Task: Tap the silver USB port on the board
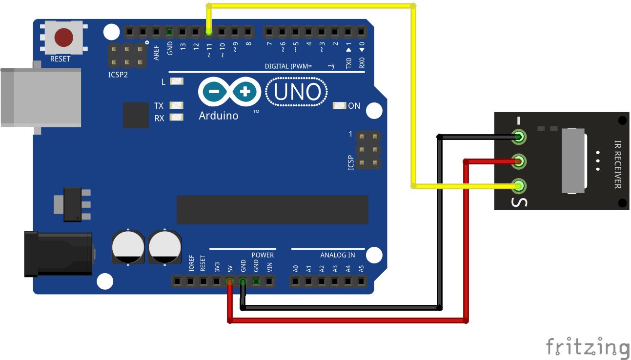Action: [x=39, y=98]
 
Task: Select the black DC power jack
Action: [x=59, y=254]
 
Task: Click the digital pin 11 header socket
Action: [x=209, y=32]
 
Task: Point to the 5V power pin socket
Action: [x=229, y=281]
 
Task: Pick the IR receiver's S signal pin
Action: [x=519, y=186]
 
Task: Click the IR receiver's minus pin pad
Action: [x=519, y=137]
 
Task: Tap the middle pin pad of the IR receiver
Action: [x=519, y=161]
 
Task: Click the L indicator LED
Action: [x=176, y=81]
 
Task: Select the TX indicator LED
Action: [x=176, y=105]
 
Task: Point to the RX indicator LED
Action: [x=176, y=118]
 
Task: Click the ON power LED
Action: [x=339, y=106]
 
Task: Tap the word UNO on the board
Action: [x=297, y=92]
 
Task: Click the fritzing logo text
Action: [x=587, y=347]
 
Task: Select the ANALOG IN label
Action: [x=337, y=255]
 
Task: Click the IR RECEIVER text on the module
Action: [x=617, y=164]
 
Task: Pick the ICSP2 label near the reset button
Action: [x=118, y=75]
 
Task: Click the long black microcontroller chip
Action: [x=272, y=209]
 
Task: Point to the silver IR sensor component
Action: [x=573, y=161]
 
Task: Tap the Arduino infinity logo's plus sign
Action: [x=245, y=91]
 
